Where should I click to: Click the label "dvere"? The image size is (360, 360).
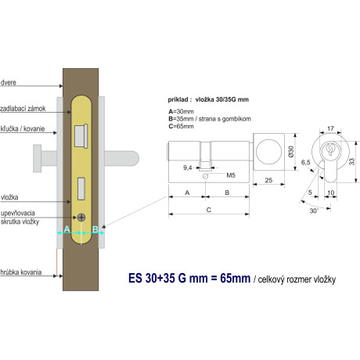click(9, 83)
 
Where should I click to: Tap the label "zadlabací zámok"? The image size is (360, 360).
click(23, 109)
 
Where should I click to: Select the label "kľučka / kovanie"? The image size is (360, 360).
click(23, 129)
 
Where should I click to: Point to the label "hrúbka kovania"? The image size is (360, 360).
click(21, 272)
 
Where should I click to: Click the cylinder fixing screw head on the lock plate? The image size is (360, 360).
click(81, 218)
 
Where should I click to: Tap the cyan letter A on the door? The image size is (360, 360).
click(67, 229)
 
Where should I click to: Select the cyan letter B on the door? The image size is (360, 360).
click(95, 229)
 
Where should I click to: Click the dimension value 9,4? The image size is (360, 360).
click(188, 167)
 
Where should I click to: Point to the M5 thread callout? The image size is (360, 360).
click(231, 175)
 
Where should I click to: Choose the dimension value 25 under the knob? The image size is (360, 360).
click(268, 180)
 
